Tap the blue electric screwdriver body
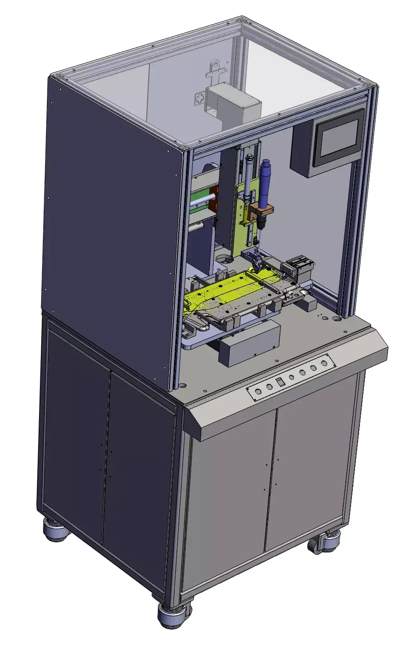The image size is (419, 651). click(x=266, y=182)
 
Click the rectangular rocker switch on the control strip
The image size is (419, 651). click(x=279, y=382)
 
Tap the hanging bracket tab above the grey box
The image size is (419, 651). click(x=215, y=69)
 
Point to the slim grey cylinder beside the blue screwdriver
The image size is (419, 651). click(x=247, y=177)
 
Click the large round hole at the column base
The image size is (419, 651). click(x=224, y=259)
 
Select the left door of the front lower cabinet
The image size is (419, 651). click(x=228, y=501)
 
